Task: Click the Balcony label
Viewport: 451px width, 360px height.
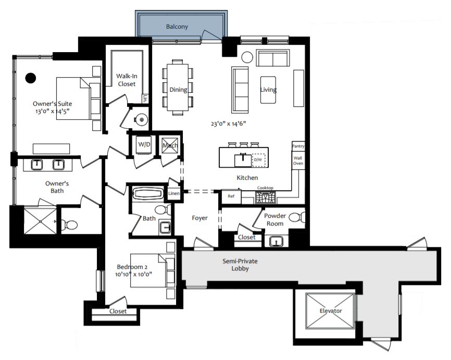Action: (x=177, y=27)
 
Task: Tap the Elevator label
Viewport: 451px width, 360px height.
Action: (x=331, y=311)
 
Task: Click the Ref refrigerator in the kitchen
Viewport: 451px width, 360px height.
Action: (x=231, y=196)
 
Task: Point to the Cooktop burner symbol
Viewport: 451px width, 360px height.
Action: (x=265, y=197)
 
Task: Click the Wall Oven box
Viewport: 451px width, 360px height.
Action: (x=298, y=160)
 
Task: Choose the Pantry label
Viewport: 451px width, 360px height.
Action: (x=298, y=146)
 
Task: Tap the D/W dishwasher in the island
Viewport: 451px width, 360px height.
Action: (x=258, y=160)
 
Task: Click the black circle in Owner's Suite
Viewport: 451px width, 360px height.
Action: (x=31, y=78)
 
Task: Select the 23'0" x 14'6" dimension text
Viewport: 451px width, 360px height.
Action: (x=228, y=123)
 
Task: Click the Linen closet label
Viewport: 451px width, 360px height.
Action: (x=173, y=194)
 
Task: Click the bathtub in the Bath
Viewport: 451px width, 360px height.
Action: (x=149, y=194)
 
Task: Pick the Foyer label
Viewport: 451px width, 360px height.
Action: (x=199, y=218)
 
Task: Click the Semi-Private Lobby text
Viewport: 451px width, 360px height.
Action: (x=240, y=265)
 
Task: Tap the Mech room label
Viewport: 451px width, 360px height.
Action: (x=170, y=145)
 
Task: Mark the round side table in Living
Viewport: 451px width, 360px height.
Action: (x=246, y=57)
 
